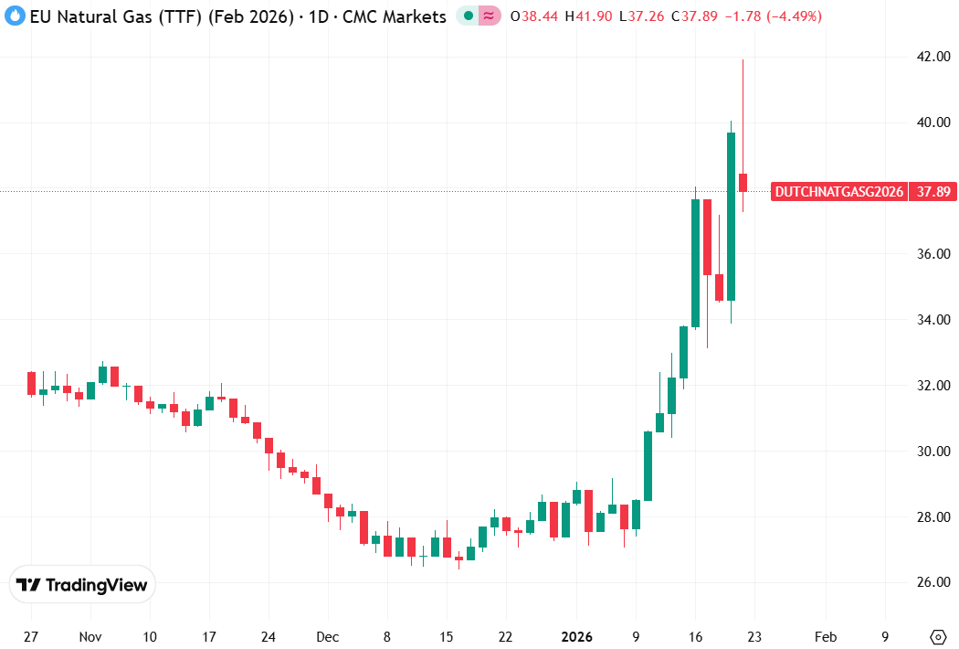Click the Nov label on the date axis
(90, 637)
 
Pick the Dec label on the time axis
(328, 637)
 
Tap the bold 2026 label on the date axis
(576, 637)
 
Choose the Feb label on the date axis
(825, 637)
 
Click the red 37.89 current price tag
(932, 192)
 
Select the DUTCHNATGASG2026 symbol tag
(839, 192)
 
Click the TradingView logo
(83, 585)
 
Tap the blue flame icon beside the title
(15, 16)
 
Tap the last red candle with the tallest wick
(743, 182)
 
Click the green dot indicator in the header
(469, 16)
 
